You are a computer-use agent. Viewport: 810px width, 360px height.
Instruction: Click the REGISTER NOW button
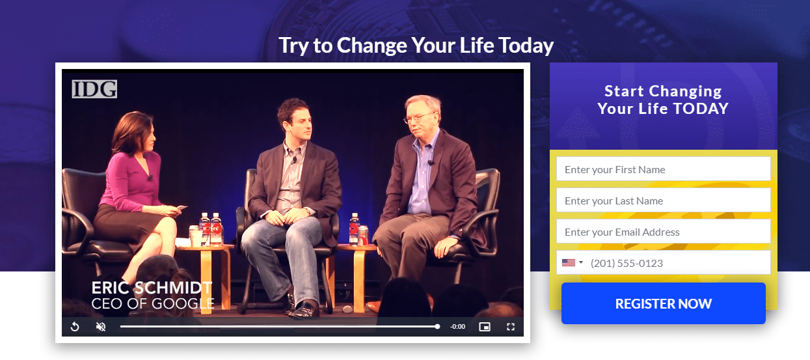coord(663,303)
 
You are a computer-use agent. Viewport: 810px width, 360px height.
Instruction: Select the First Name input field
coord(663,169)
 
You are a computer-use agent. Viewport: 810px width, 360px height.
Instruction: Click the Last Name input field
coord(663,200)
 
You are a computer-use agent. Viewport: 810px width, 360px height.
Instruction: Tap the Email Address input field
coord(663,231)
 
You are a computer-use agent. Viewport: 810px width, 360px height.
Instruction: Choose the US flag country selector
coord(572,262)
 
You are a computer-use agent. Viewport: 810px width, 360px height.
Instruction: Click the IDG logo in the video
coord(94,89)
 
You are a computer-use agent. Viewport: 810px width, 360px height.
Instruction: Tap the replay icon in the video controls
coord(75,327)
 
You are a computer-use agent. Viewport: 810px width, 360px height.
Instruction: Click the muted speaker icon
coord(101,327)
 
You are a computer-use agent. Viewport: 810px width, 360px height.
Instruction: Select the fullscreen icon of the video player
coord(511,327)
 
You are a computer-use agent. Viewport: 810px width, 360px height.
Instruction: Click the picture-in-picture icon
coord(485,327)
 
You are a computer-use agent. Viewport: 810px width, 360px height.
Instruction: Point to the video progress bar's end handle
coord(437,326)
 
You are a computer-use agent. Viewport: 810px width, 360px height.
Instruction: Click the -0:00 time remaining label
coord(457,327)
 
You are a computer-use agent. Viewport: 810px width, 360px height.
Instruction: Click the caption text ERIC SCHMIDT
coord(152,288)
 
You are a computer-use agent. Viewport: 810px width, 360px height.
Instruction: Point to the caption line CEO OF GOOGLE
coord(153,303)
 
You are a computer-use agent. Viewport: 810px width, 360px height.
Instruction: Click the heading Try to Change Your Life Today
coord(416,46)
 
